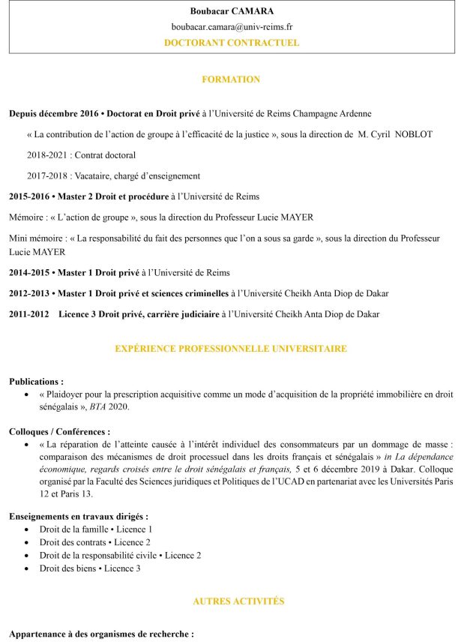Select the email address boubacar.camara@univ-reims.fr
tap(232, 27)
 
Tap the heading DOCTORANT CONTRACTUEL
tap(232, 43)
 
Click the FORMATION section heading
tap(231, 79)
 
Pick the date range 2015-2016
tap(29, 196)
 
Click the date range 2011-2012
tap(29, 313)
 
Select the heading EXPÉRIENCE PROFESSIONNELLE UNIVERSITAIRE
tap(231, 349)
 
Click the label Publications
tap(36, 381)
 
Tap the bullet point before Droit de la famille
tap(28, 529)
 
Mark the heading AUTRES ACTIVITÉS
tap(238, 601)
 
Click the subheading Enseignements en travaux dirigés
tap(79, 517)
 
